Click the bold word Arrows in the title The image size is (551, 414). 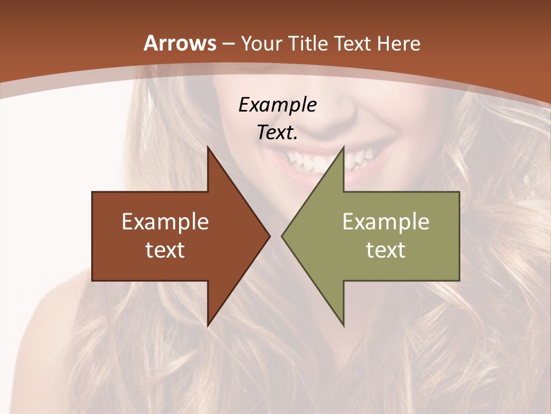(x=180, y=44)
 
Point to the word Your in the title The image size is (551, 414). (x=261, y=44)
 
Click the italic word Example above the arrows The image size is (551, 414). (x=277, y=105)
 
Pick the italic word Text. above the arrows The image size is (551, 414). (x=277, y=133)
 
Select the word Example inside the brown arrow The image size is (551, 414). (x=165, y=221)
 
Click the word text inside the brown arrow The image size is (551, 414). (x=165, y=250)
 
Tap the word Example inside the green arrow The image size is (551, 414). (x=386, y=221)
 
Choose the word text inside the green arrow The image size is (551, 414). (x=386, y=250)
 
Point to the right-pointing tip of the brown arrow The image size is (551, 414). (x=269, y=236)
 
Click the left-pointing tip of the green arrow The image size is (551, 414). (x=283, y=236)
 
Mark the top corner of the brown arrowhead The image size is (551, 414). (x=208, y=148)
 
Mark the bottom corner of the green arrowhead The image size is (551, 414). (x=343, y=325)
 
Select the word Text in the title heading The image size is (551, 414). (x=352, y=44)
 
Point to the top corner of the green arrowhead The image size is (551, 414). (x=343, y=148)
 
